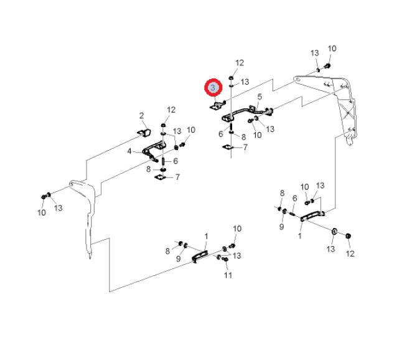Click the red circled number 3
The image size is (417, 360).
pyautogui.click(x=215, y=87)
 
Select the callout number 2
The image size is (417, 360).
pyautogui.click(x=141, y=115)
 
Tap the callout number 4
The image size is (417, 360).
pyautogui.click(x=129, y=151)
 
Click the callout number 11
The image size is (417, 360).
pyautogui.click(x=228, y=275)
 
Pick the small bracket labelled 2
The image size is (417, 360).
pyautogui.click(x=144, y=132)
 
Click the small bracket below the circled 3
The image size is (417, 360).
pyautogui.click(x=216, y=107)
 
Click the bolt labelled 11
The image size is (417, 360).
pyautogui.click(x=225, y=258)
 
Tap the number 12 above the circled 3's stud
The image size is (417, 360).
pyautogui.click(x=240, y=63)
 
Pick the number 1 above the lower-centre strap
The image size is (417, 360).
pyautogui.click(x=206, y=235)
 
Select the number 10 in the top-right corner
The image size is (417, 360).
pyautogui.click(x=332, y=49)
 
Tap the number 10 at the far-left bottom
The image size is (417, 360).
pyautogui.click(x=42, y=212)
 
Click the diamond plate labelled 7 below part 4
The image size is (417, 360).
pyautogui.click(x=159, y=177)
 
